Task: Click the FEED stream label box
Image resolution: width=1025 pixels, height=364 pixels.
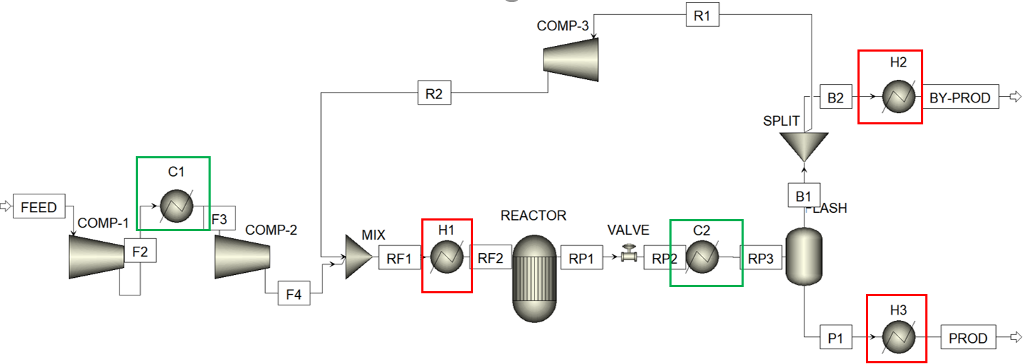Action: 40,207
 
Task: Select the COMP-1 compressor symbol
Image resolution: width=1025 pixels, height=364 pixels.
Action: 97,256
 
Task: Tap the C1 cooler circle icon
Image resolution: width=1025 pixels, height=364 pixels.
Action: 173,207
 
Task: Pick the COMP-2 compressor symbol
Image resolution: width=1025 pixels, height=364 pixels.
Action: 242,256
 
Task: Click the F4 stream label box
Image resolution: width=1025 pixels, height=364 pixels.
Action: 293,294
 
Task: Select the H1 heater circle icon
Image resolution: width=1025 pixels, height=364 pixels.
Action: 447,259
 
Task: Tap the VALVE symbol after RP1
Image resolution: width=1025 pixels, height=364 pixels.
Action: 627,254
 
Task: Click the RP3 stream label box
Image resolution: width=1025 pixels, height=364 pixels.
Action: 761,259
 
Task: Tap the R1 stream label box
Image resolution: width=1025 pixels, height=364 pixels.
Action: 702,16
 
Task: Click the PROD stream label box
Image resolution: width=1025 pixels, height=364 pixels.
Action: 968,338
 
